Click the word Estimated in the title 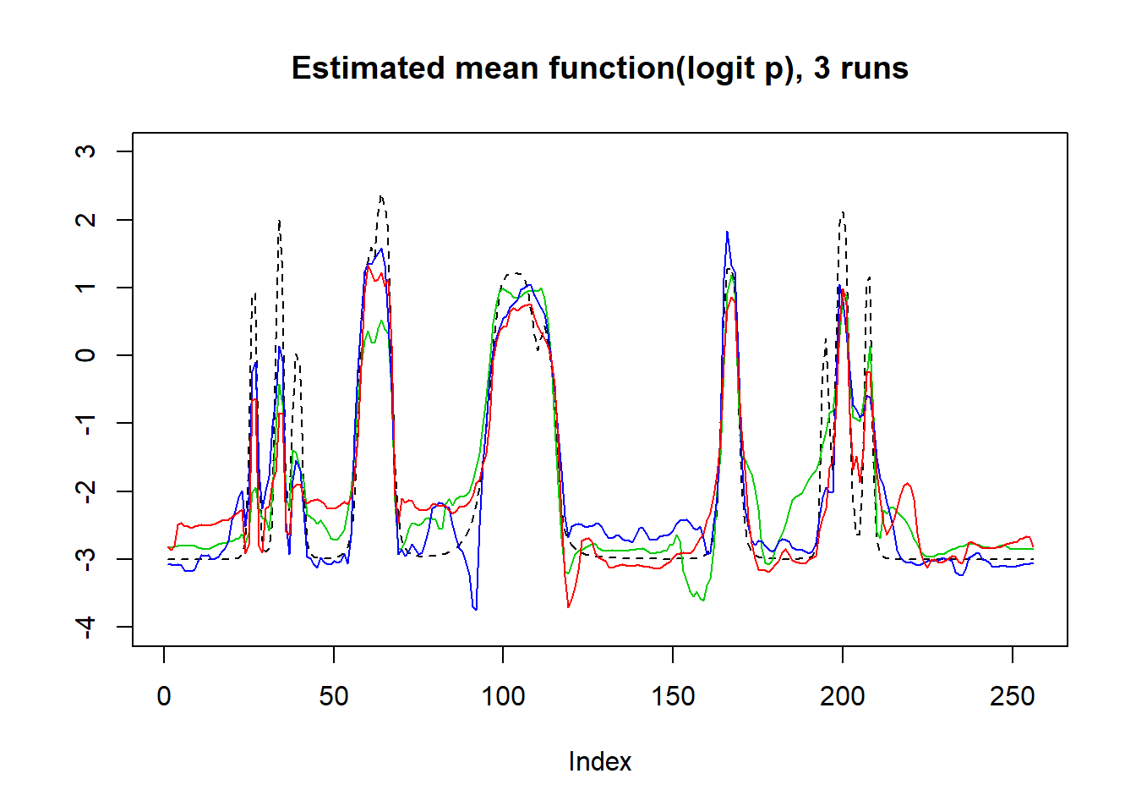point(368,69)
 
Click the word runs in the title point(874,69)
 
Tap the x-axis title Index point(599,761)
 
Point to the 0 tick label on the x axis point(164,696)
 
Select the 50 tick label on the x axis point(333,696)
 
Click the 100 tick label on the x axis point(503,696)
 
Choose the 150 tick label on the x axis point(673,696)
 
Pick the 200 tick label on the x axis point(842,696)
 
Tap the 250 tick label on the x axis point(1012,696)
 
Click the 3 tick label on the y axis point(85,151)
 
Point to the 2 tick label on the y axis point(85,219)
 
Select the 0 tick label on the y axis point(85,355)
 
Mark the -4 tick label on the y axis point(85,627)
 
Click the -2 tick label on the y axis point(85,491)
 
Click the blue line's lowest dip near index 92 point(476,609)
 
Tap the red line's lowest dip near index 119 point(568,606)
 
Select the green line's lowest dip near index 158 point(702,601)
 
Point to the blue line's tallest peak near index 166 point(727,232)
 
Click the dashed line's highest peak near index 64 point(381,197)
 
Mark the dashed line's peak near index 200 point(843,212)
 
